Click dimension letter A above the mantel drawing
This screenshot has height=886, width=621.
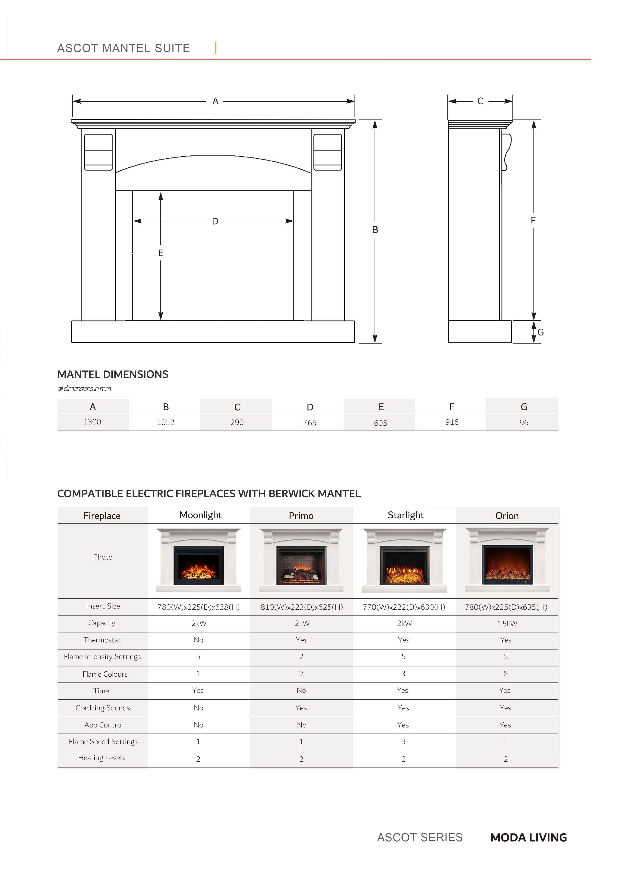tap(215, 101)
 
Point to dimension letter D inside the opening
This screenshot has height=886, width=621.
tap(215, 221)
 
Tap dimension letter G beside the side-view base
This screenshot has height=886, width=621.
tap(541, 332)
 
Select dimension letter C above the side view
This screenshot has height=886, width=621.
tap(480, 101)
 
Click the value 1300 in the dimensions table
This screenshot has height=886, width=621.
tap(92, 422)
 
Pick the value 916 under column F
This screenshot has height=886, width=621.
tap(452, 422)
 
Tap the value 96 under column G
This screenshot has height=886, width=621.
tap(524, 422)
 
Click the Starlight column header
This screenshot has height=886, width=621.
tap(406, 515)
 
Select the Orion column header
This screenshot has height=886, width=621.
tap(507, 516)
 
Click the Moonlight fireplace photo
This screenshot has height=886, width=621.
tap(199, 560)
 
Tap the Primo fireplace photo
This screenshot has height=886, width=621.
tap(301, 560)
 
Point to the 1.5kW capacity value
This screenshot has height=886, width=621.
tap(507, 624)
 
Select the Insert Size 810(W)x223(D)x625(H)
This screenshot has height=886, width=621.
tap(302, 607)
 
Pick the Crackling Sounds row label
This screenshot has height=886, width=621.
tap(103, 708)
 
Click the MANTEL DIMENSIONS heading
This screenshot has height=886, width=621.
tap(113, 374)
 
